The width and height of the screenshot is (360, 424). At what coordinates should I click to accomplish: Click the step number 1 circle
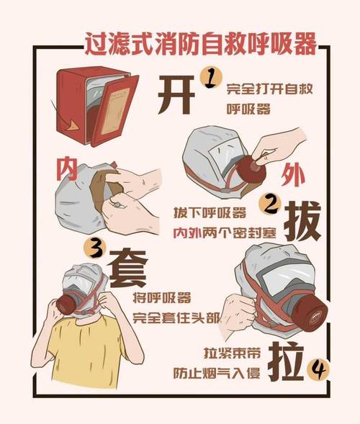pos(209,77)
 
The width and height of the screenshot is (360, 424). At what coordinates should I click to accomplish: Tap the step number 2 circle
pos(271,206)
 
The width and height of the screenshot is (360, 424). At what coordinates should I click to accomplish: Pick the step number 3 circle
pos(94,248)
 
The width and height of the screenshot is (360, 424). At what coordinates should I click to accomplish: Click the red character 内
pos(67,170)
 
